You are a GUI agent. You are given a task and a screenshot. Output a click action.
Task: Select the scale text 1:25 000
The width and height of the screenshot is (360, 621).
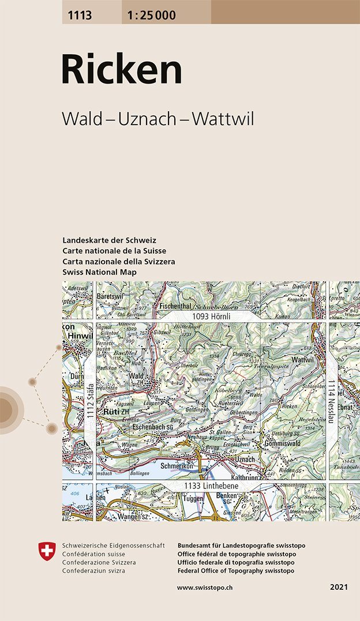tap(149, 16)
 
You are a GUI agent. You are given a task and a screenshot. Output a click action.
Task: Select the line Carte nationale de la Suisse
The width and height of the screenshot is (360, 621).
tap(114, 251)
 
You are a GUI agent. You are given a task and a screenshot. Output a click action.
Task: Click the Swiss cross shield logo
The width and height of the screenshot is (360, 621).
tap(46, 550)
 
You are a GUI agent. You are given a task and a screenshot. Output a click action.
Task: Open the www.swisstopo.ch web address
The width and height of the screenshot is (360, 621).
tap(205, 587)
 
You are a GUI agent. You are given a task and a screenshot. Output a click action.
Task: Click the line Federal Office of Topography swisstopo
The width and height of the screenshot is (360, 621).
tap(236, 570)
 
